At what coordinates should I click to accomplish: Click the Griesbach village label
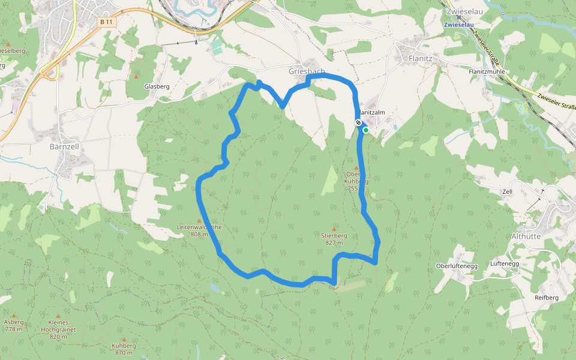click(306, 71)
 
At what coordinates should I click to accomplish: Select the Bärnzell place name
click(64, 146)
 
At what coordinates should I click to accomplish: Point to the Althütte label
click(526, 236)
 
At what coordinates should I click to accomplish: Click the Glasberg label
click(157, 86)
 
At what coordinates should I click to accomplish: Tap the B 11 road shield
click(107, 22)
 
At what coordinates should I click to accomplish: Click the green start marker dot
click(365, 129)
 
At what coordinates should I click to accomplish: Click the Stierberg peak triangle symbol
click(334, 229)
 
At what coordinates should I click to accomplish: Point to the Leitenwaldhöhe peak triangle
click(199, 221)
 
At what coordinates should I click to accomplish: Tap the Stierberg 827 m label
click(334, 239)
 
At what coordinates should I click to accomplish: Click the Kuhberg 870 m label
click(124, 349)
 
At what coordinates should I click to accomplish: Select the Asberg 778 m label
click(13, 325)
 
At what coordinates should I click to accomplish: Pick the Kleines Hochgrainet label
click(59, 326)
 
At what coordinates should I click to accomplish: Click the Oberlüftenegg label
click(456, 265)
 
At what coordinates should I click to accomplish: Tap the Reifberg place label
click(546, 298)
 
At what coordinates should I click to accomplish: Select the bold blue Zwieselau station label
click(459, 25)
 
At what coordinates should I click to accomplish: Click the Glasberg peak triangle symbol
click(136, 77)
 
